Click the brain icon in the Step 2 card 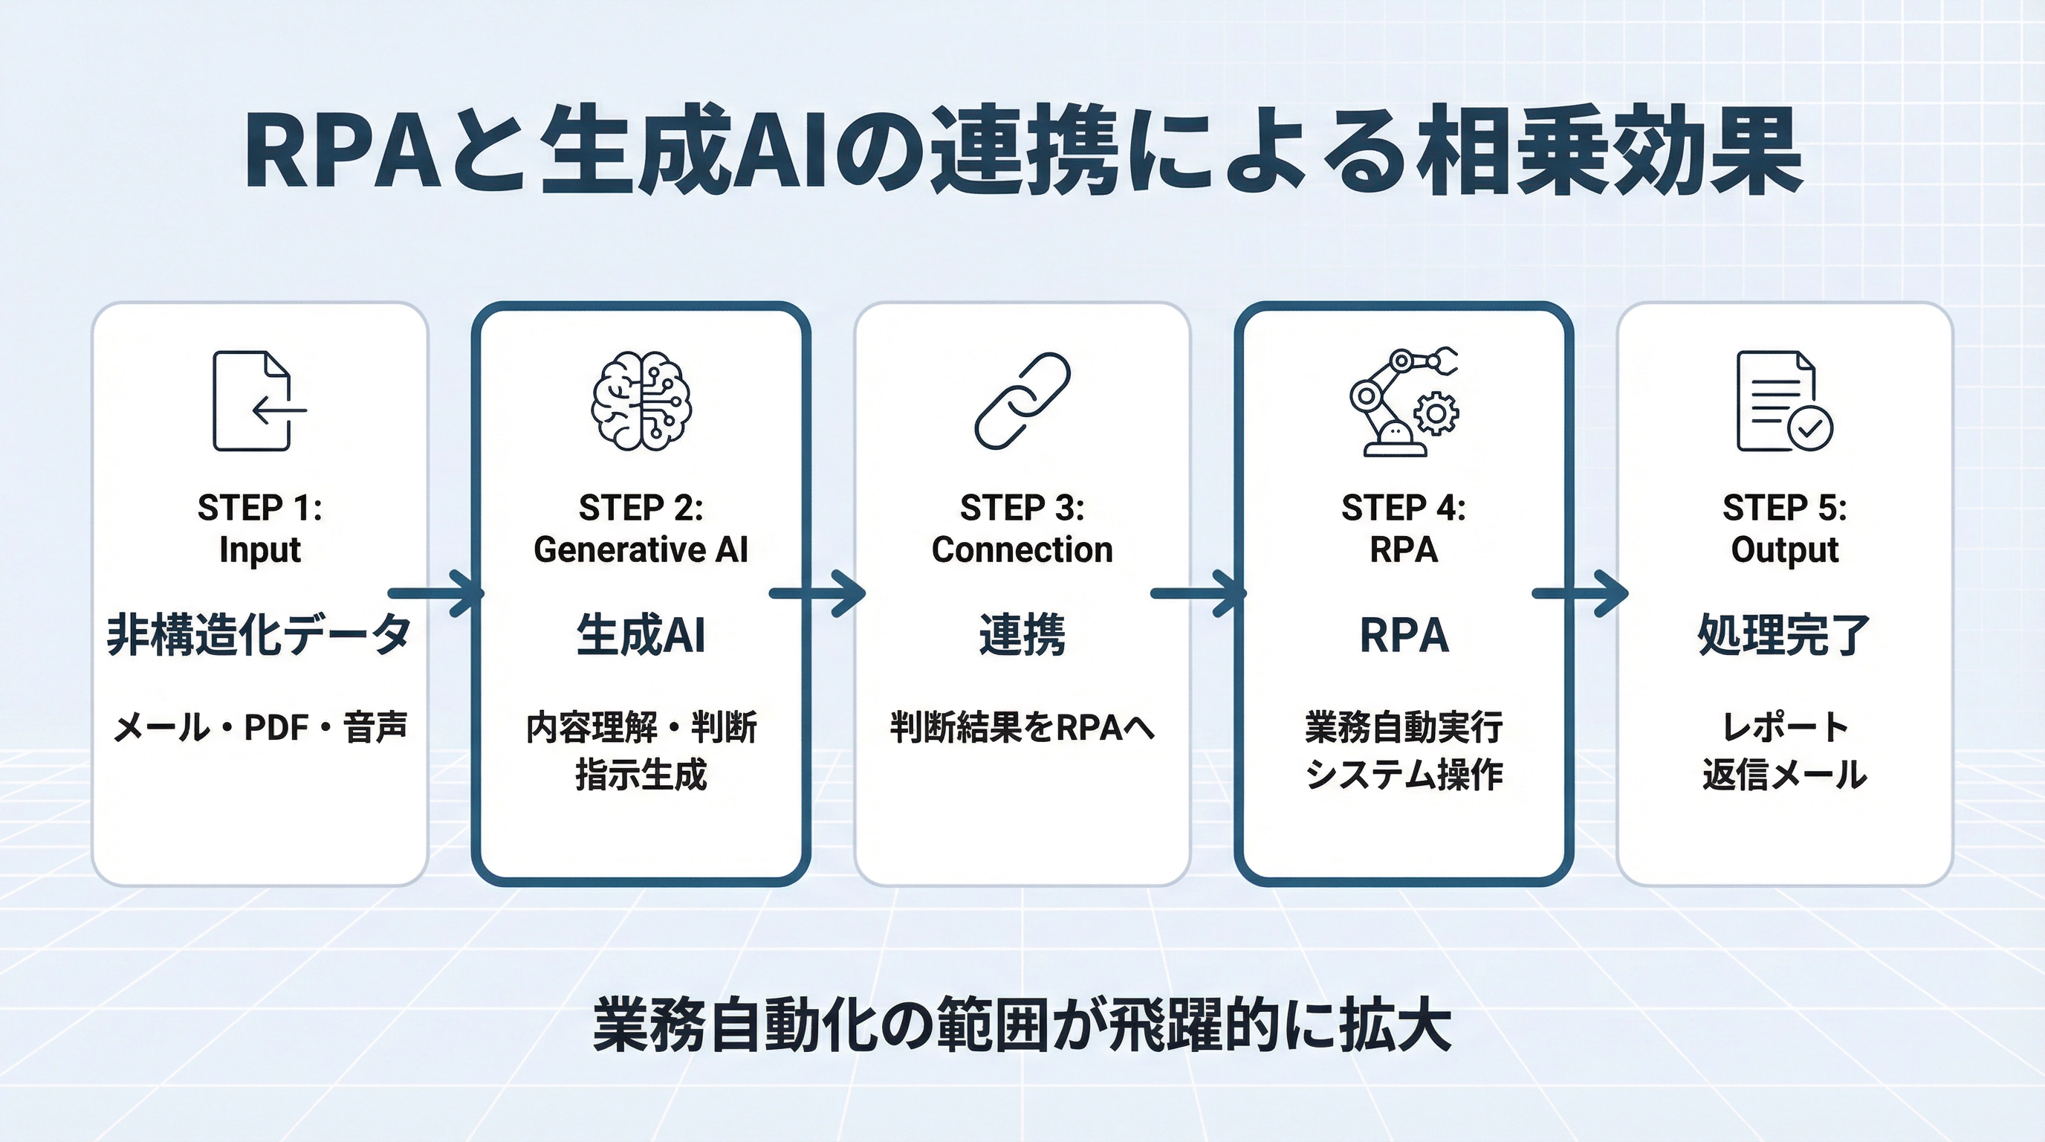point(641,401)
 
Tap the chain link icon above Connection point(1022,401)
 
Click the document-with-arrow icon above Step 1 point(259,401)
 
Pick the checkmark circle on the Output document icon point(1810,429)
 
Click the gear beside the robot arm point(1436,413)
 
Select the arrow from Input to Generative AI point(437,593)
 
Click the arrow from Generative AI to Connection point(817,593)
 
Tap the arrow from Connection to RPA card point(1199,593)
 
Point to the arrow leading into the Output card point(1580,593)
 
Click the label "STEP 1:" point(259,509)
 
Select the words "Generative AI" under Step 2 point(641,549)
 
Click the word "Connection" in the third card point(1022,549)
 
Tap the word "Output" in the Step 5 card point(1785,549)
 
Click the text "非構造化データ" point(259,634)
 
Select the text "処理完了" point(1785,634)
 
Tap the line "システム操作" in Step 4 point(1404,774)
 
